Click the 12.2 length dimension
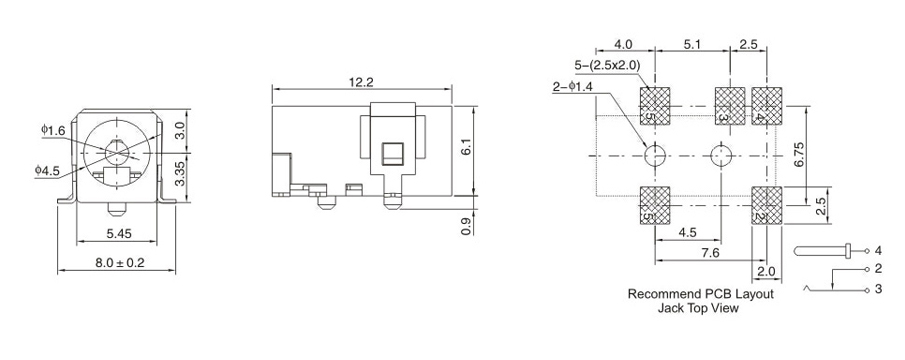pyautogui.click(x=361, y=82)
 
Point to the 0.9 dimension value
pyautogui.click(x=467, y=226)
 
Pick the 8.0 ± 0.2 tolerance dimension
pyautogui.click(x=120, y=262)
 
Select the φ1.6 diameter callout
pyautogui.click(x=53, y=130)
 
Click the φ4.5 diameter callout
pyautogui.click(x=47, y=170)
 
